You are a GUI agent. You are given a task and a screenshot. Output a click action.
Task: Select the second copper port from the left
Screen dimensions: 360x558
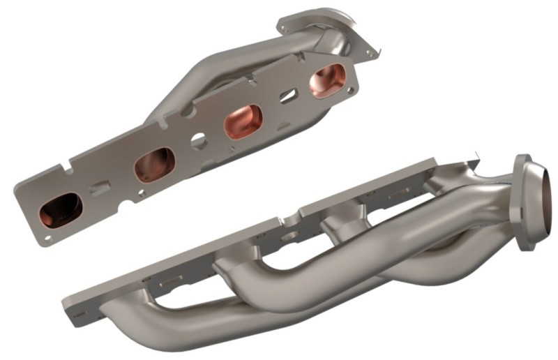(154, 165)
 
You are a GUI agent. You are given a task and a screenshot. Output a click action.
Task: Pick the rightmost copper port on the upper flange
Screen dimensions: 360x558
(326, 81)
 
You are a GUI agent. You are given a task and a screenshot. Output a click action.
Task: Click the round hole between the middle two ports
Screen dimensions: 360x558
(199, 142)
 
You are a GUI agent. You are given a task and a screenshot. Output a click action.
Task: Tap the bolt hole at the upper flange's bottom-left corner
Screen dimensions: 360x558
(47, 237)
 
